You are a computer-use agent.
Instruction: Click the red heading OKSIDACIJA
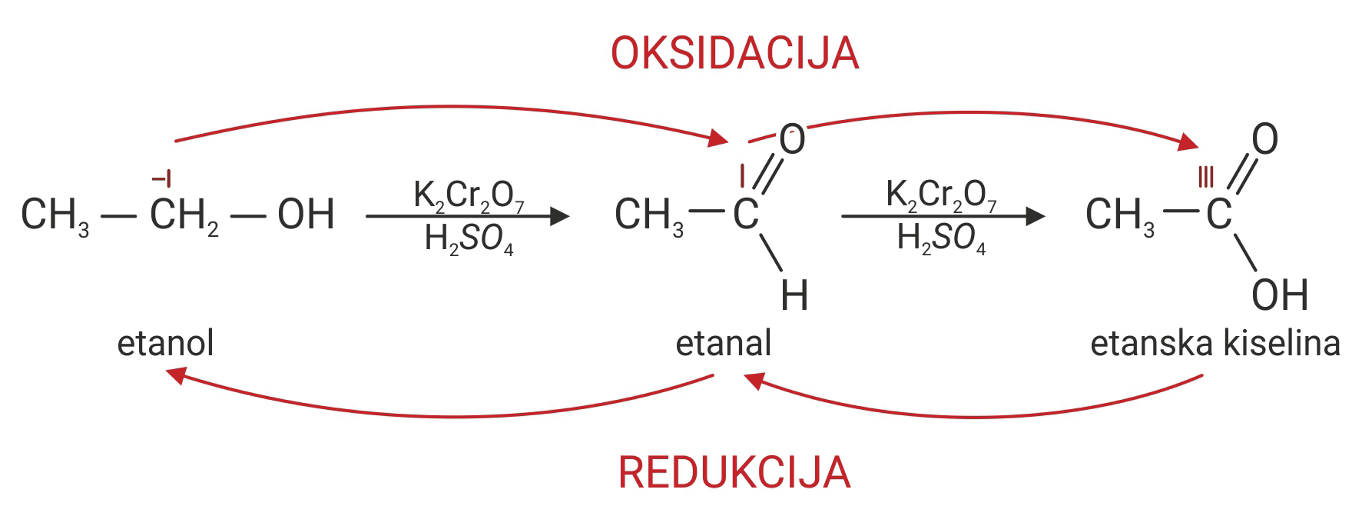(734, 54)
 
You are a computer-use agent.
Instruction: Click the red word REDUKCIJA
(734, 472)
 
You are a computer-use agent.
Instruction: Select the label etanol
(165, 343)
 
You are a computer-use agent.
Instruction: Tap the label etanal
(723, 343)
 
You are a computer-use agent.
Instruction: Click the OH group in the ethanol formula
(306, 215)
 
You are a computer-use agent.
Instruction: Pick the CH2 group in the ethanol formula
(184, 215)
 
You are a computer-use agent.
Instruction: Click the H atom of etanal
(794, 296)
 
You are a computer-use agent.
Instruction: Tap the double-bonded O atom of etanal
(792, 140)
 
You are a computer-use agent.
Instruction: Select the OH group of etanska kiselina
(1279, 295)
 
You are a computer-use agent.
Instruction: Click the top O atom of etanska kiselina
(1264, 139)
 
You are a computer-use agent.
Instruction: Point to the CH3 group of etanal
(648, 215)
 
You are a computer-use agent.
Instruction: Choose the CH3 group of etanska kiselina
(1119, 215)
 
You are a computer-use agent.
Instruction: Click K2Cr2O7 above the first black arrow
(469, 195)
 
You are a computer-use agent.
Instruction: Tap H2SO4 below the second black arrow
(941, 238)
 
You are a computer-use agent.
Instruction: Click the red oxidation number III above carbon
(1206, 178)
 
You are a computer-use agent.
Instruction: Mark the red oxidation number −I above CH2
(161, 180)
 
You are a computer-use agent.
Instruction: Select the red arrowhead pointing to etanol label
(177, 375)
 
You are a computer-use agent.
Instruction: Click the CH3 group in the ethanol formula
(55, 215)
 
